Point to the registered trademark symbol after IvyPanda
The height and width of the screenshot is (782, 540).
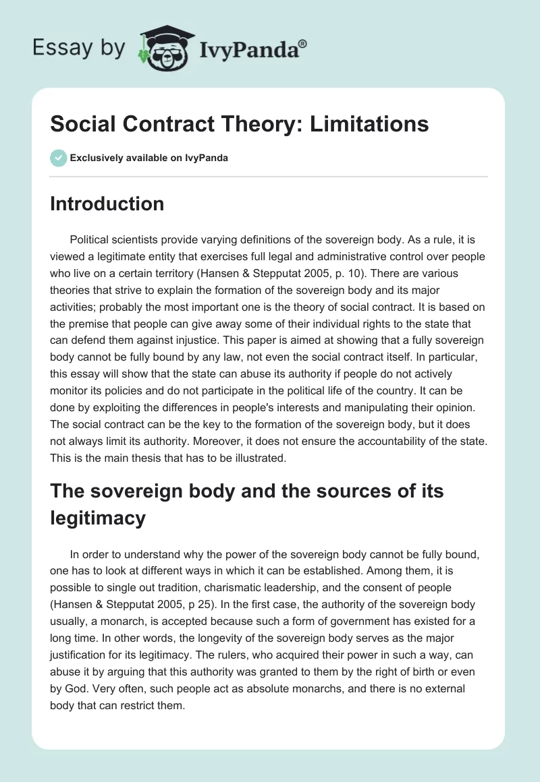(303, 44)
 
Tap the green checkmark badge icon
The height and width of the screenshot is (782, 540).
(58, 158)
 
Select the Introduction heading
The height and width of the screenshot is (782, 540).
(107, 204)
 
